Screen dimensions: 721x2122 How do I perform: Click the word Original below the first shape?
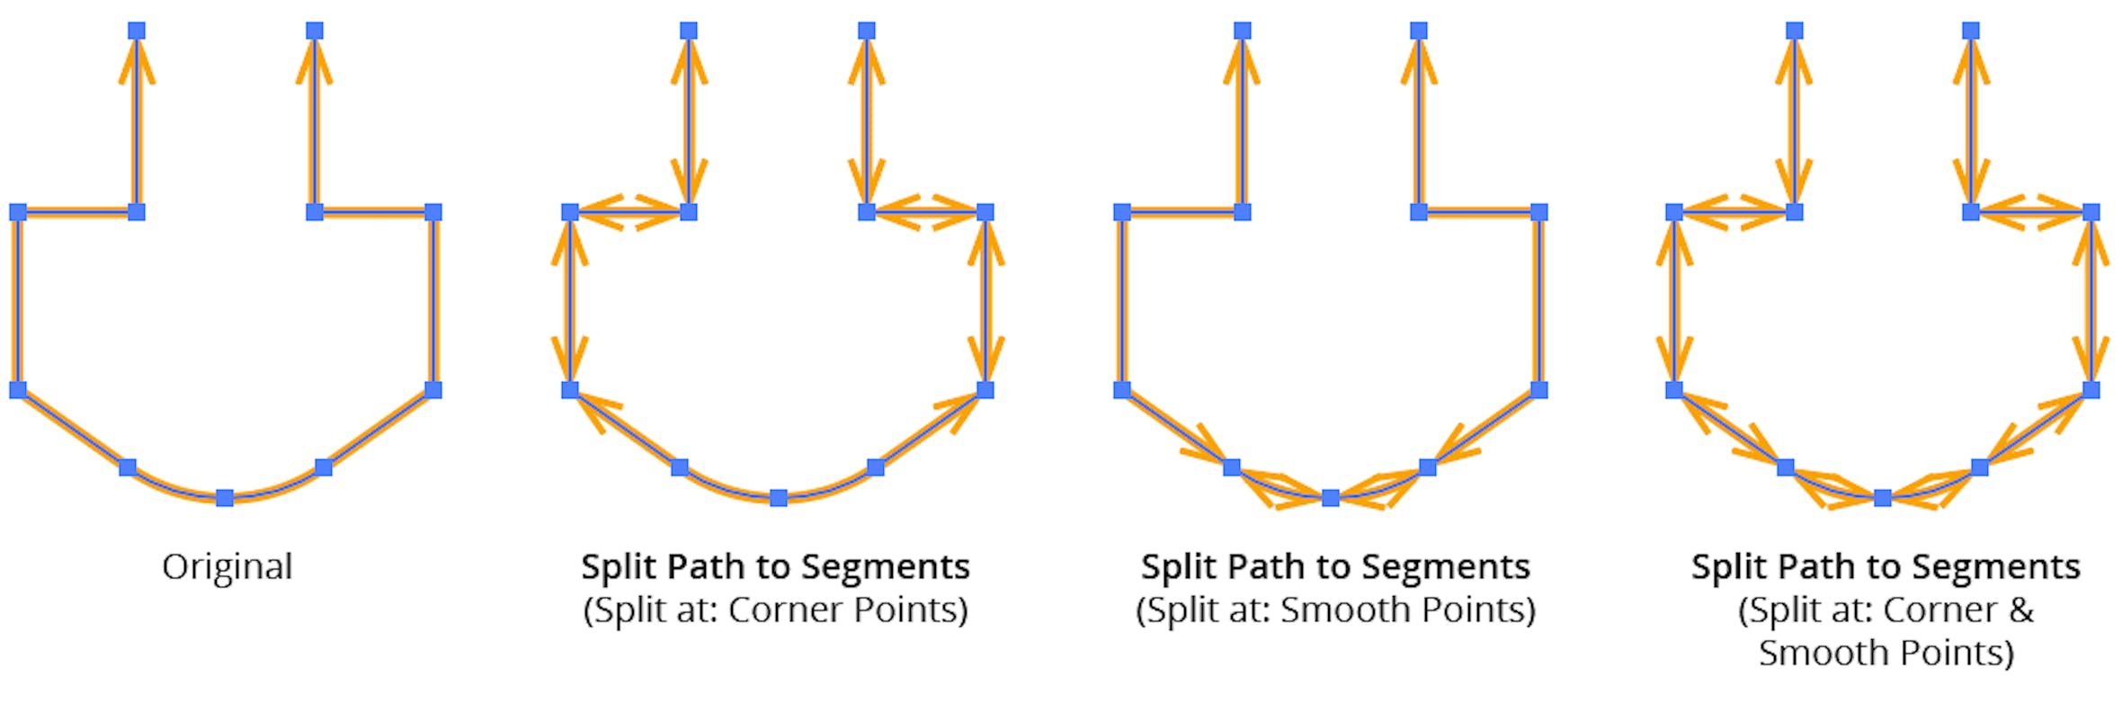227,567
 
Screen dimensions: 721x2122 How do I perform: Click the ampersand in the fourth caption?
2021,610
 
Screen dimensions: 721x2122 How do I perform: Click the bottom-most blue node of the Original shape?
225,498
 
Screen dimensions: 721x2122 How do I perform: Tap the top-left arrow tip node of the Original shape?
137,31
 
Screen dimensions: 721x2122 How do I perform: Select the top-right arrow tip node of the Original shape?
314,31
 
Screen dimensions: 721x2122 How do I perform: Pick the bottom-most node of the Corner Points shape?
779,498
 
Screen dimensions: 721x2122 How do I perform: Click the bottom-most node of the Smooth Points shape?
1331,498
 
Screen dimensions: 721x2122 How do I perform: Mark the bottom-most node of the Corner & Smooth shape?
1883,498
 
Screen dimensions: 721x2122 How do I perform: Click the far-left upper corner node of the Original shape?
18,212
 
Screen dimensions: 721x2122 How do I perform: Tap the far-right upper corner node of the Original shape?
433,212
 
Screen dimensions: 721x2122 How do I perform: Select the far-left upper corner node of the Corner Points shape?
570,212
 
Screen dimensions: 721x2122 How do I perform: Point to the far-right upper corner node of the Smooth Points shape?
1539,212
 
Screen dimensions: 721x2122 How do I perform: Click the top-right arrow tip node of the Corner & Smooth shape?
1971,31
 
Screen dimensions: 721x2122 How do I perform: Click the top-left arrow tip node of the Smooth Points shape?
1243,31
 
